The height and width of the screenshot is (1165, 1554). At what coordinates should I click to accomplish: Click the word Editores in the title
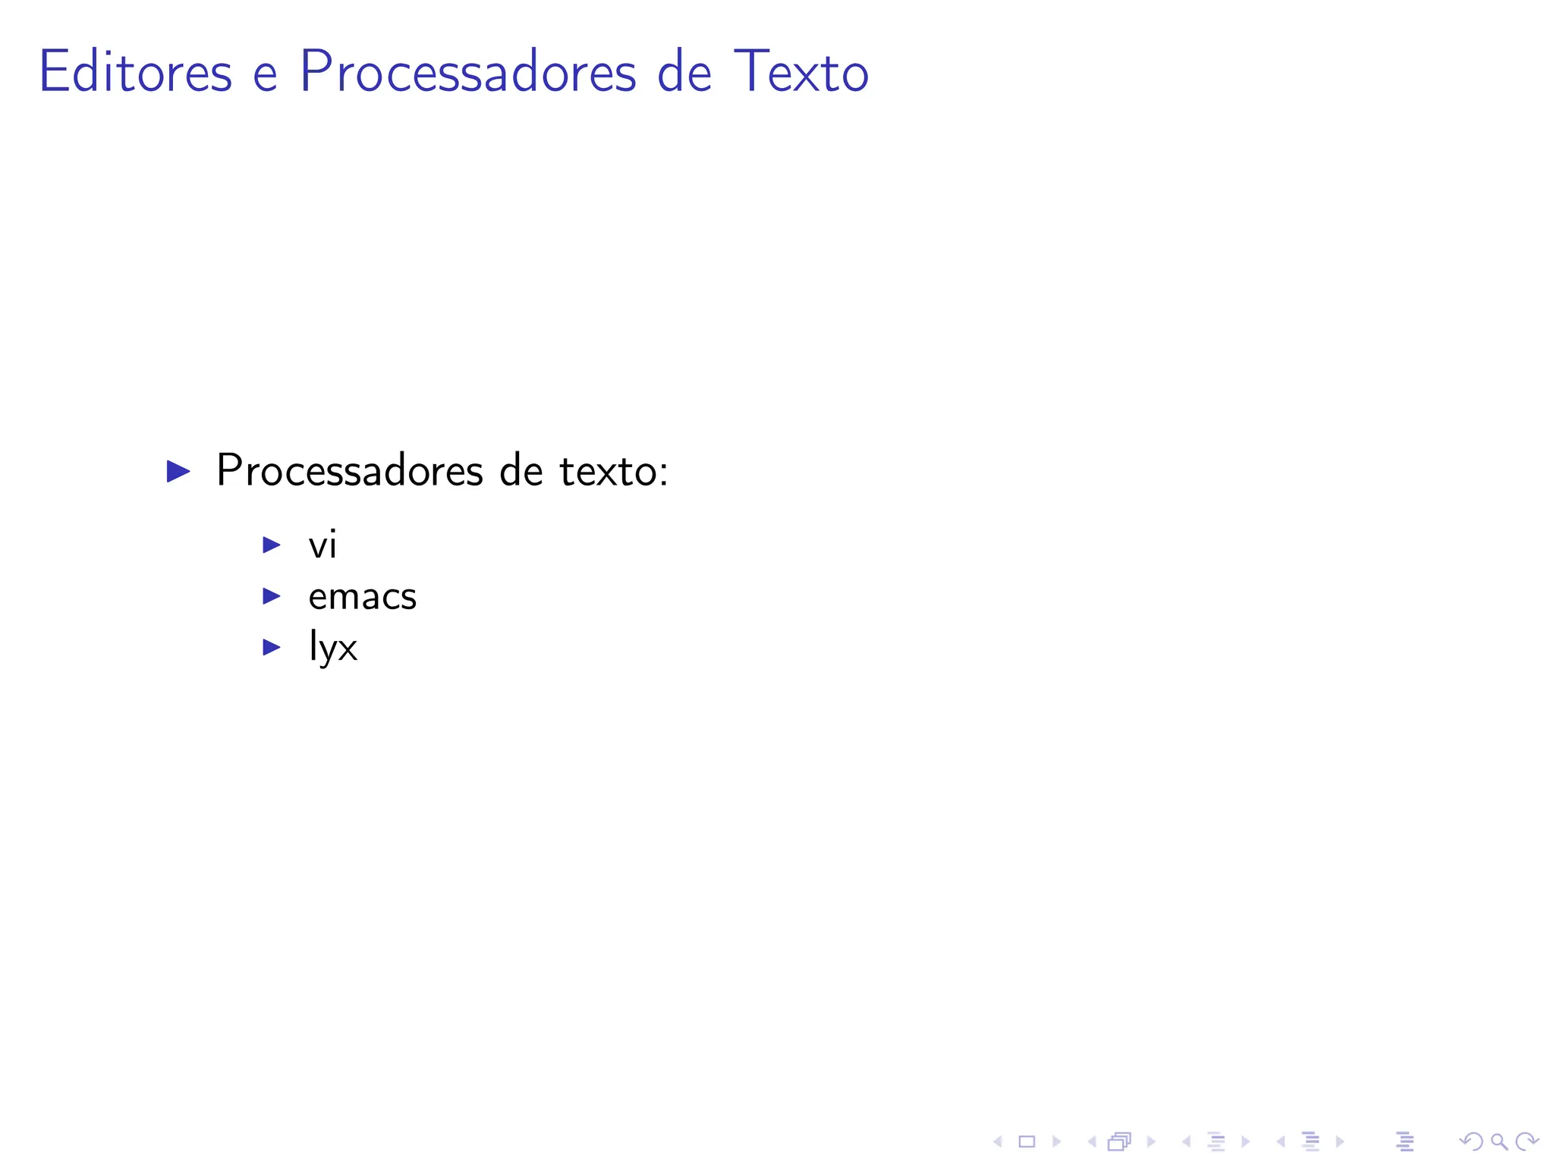[135, 72]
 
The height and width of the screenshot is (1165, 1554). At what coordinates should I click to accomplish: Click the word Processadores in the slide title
[468, 72]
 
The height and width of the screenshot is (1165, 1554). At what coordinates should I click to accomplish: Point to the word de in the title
[684, 72]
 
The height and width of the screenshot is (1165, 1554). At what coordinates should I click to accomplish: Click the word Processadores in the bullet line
[349, 471]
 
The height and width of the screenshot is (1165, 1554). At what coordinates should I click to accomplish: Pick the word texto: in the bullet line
[614, 471]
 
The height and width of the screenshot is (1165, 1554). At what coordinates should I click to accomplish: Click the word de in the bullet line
[521, 471]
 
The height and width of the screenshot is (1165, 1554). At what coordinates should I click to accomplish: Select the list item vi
[322, 545]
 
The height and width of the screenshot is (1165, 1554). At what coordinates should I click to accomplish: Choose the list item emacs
[363, 597]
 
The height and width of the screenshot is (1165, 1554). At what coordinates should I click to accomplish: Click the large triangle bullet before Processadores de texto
[178, 471]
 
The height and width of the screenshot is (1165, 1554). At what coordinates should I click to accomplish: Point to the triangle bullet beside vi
[272, 545]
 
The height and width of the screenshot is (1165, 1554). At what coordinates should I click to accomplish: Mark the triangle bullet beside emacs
[272, 596]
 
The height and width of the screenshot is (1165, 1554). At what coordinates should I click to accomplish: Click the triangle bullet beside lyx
[272, 647]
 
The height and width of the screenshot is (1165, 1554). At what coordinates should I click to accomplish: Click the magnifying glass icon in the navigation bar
[1499, 1141]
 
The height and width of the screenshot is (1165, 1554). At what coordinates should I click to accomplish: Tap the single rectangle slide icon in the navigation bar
[1027, 1141]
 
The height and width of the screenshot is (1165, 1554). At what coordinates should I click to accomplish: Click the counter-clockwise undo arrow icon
[1471, 1141]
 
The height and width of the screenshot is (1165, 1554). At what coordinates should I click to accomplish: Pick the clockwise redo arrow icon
[1527, 1141]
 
